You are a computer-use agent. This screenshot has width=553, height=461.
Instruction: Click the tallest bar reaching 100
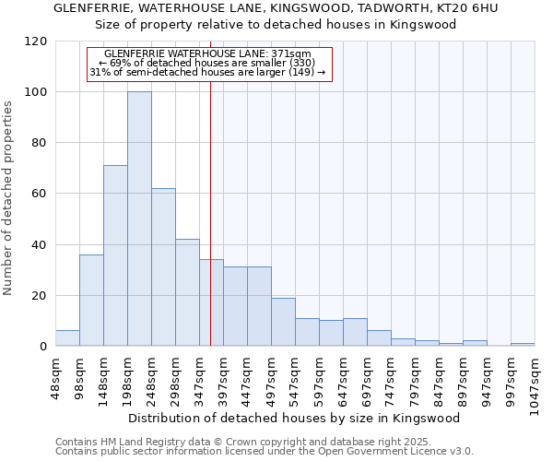coord(139,219)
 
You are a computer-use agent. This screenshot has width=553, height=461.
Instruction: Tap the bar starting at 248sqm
coord(163,267)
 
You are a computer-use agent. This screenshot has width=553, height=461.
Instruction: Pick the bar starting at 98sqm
coord(91,301)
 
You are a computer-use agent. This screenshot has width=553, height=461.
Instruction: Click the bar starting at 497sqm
coord(283,322)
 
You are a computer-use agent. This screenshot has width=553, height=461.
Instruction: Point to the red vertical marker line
coord(210,212)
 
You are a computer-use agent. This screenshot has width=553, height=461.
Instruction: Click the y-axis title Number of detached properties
coord(8,198)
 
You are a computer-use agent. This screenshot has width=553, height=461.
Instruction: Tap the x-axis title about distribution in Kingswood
coord(293,418)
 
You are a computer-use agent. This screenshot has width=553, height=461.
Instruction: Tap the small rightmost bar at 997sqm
coord(523,345)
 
